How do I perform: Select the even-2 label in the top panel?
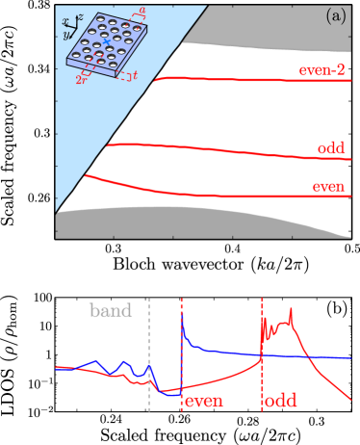(322, 69)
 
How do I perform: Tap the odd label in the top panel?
(332, 148)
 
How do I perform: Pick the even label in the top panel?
(329, 186)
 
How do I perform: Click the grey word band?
(111, 311)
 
